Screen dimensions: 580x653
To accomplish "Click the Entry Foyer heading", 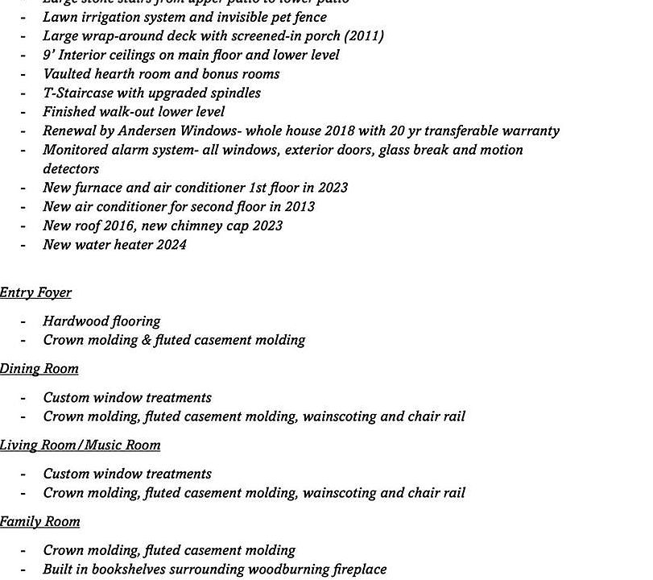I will (x=35, y=292).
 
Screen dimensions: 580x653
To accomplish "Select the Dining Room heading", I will (x=39, y=369).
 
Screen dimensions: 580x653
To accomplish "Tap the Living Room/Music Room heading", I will (x=81, y=445).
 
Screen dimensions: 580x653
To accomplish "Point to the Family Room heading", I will (x=40, y=522).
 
